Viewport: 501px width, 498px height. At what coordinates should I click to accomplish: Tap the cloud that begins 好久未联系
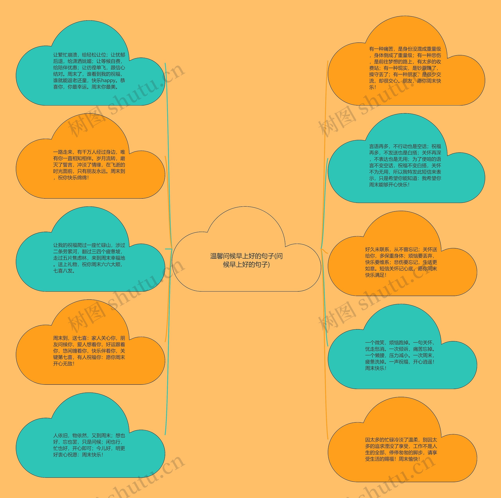[401, 262]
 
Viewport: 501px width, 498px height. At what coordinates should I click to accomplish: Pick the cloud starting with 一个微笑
[401, 355]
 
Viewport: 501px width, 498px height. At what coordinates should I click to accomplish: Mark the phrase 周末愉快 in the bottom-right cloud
[408, 459]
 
